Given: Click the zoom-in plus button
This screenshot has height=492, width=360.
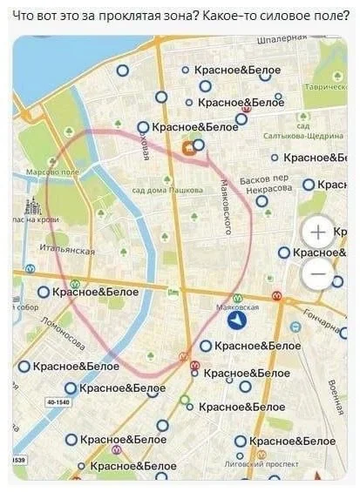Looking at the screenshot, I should (317, 233).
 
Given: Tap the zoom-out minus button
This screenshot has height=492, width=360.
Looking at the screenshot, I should (317, 274).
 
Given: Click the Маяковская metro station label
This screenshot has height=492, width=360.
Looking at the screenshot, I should (237, 307).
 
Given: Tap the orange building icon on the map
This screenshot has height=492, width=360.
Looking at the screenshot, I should (187, 149).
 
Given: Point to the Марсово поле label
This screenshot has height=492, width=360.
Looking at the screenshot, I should (52, 172).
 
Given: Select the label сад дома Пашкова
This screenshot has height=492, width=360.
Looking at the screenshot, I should (166, 190).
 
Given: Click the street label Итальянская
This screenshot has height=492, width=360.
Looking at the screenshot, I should (67, 250).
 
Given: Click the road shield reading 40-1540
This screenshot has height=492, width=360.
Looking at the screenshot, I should (58, 402).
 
